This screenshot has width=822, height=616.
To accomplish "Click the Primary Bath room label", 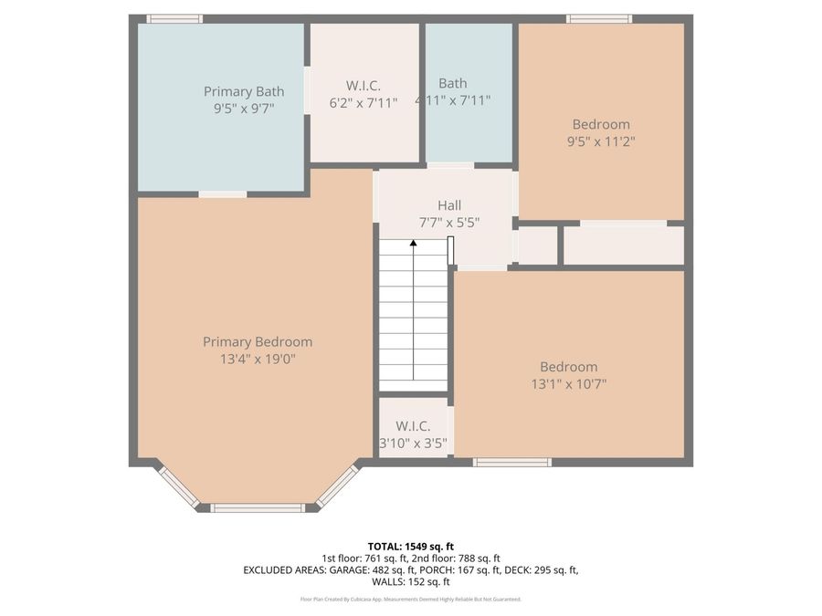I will pyautogui.click(x=243, y=91).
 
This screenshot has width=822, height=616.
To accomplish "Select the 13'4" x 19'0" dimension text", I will pyautogui.click(x=257, y=359).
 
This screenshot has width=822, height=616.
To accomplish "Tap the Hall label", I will pyautogui.click(x=448, y=205).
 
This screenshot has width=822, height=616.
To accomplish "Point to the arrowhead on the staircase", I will pyautogui.click(x=414, y=244).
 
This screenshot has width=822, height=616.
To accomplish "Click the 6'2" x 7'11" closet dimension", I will pyautogui.click(x=364, y=103).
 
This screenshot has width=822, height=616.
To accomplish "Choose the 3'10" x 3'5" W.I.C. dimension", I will pyautogui.click(x=413, y=444).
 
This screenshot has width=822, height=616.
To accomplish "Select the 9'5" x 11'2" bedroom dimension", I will pyautogui.click(x=601, y=141).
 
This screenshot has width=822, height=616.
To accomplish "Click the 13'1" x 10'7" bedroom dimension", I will pyautogui.click(x=568, y=384).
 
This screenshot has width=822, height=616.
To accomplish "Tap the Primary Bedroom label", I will pyautogui.click(x=257, y=342).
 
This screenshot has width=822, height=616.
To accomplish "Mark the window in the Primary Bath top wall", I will pyautogui.click(x=174, y=18).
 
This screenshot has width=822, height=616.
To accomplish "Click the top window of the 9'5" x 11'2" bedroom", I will pyautogui.click(x=598, y=18).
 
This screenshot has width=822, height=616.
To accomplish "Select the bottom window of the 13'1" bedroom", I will pyautogui.click(x=511, y=463).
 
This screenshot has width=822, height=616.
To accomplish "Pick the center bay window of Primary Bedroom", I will pyautogui.click(x=258, y=507).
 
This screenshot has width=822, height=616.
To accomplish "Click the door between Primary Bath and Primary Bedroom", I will pyautogui.click(x=222, y=193).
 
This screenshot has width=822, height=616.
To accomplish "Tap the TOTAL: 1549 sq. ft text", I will pyautogui.click(x=410, y=546).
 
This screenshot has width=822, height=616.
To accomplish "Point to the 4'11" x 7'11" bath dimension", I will pyautogui.click(x=453, y=100).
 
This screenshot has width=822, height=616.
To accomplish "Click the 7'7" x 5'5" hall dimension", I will pyautogui.click(x=448, y=222).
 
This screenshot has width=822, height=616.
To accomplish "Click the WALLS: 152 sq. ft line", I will pyautogui.click(x=410, y=581).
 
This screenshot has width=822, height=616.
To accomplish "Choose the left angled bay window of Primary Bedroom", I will pyautogui.click(x=178, y=485).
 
